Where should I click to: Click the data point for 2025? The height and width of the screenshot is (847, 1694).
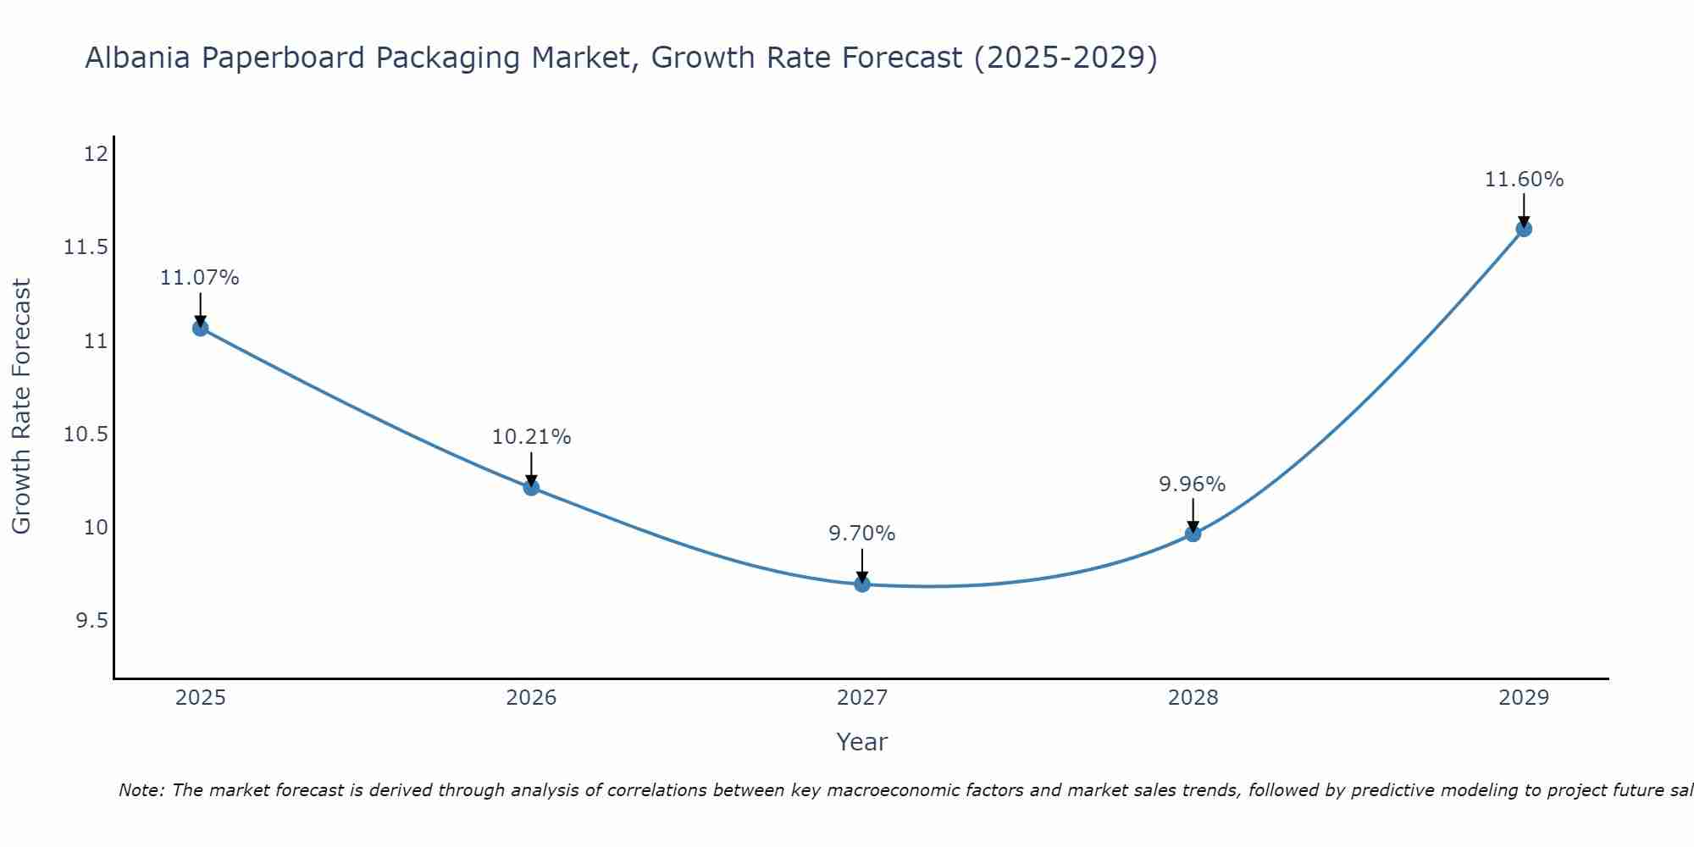tap(201, 328)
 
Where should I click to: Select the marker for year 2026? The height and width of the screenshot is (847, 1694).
tap(531, 487)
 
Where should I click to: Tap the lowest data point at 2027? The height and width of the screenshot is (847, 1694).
tap(862, 584)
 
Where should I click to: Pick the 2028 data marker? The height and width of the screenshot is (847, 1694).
tap(1193, 534)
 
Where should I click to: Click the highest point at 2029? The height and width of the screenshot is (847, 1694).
tap(1524, 229)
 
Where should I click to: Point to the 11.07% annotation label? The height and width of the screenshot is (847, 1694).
tap(200, 278)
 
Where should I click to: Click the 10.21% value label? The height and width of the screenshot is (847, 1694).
tap(531, 437)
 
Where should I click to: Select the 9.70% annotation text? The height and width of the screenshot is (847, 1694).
tap(861, 534)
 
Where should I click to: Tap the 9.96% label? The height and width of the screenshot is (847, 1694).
tap(1192, 484)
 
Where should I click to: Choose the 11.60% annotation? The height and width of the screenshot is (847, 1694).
tap(1524, 180)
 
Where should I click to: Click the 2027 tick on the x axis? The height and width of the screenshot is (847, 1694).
tap(862, 698)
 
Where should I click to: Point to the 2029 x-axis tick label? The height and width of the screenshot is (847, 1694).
tap(1524, 698)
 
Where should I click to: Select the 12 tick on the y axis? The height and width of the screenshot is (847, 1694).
tap(96, 154)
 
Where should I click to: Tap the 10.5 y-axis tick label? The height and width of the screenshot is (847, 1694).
tap(86, 435)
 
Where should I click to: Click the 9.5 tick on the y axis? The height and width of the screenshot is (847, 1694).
tap(91, 621)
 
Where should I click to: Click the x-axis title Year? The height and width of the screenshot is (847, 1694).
tap(861, 742)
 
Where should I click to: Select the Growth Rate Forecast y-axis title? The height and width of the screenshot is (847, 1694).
tap(21, 407)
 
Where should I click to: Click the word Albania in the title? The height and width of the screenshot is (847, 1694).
tap(137, 58)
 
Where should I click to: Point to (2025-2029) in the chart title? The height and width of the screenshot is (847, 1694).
tap(1066, 58)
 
